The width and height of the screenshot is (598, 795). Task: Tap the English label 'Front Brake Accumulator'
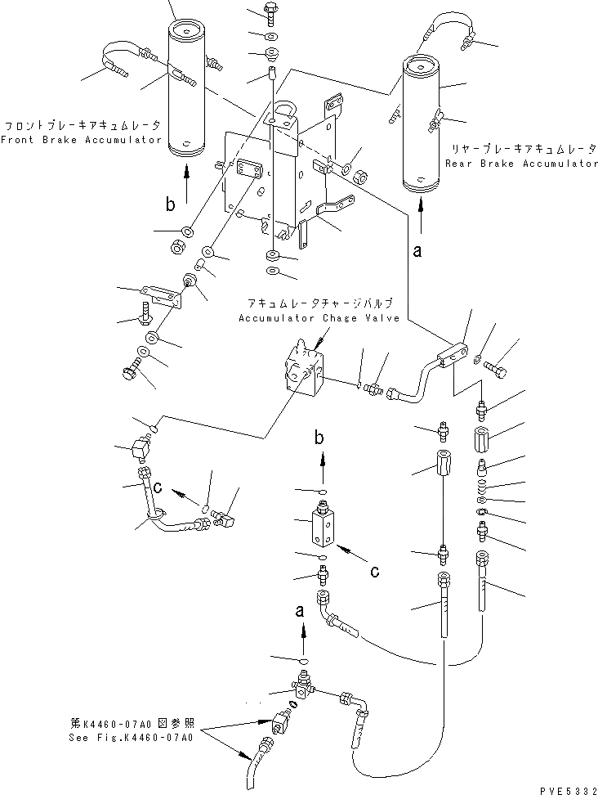click(x=82, y=140)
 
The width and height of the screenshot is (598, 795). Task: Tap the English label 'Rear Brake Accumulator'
click(x=522, y=164)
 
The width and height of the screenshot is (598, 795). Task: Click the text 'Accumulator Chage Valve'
click(x=319, y=318)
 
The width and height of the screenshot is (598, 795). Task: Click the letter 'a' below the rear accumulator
click(x=417, y=253)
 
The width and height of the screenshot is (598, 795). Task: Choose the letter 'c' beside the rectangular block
click(x=375, y=572)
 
